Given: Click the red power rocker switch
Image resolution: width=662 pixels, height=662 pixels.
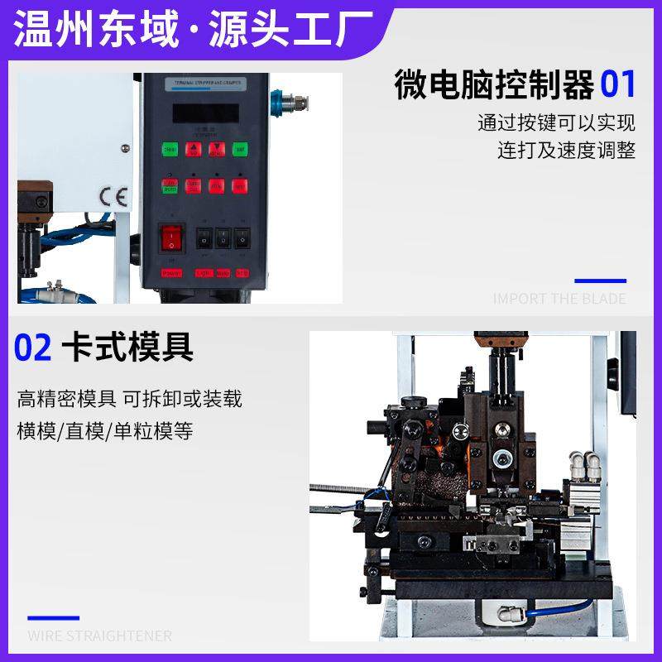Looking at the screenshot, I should pyautogui.click(x=171, y=237).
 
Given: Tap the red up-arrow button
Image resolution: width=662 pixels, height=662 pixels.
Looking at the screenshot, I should pyautogui.click(x=194, y=150).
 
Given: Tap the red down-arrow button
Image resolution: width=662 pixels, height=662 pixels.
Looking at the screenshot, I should pyautogui.click(x=217, y=150).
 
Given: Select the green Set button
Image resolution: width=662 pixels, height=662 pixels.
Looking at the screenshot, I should pyautogui.click(x=240, y=150).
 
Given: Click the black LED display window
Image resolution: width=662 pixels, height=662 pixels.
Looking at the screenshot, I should pyautogui.click(x=202, y=113).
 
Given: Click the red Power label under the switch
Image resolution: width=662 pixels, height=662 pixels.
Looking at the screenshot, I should pyautogui.click(x=171, y=272).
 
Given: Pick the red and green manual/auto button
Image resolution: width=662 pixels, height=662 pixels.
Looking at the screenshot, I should pyautogui.click(x=170, y=186).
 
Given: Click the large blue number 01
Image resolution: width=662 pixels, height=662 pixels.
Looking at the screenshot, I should pyautogui.click(x=618, y=84).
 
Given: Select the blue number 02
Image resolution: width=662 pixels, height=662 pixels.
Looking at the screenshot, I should pyautogui.click(x=33, y=348).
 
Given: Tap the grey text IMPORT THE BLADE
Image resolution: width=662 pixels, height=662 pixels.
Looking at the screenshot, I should pyautogui.click(x=559, y=299).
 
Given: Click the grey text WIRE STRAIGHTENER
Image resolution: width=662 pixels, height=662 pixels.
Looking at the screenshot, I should pyautogui.click(x=99, y=636).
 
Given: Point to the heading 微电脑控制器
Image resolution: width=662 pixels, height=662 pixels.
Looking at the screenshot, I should pyautogui.click(x=494, y=85).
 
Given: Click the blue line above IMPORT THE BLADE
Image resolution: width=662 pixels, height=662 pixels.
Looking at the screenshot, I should pyautogui.click(x=600, y=281).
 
